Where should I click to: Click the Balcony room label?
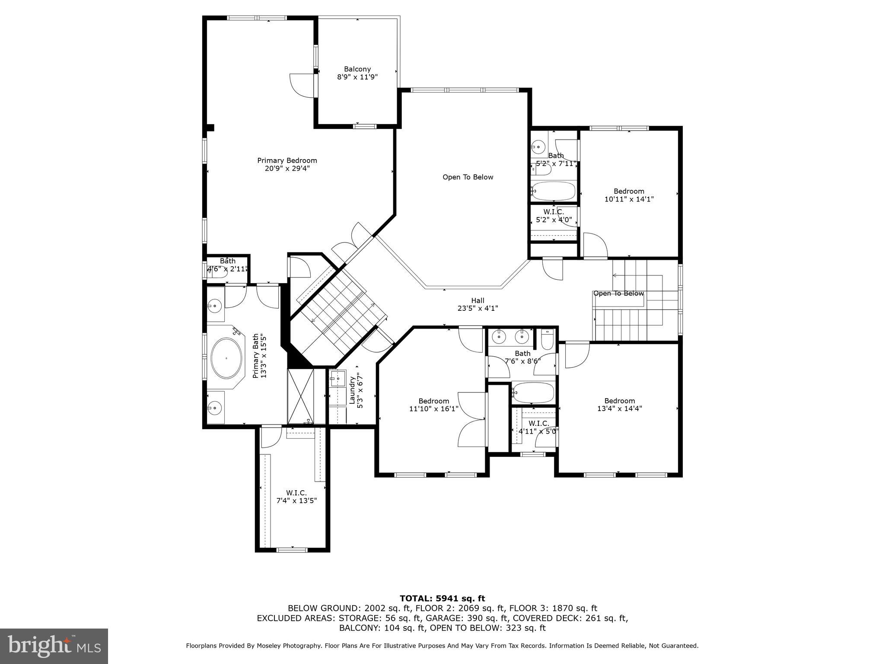tap(357, 69)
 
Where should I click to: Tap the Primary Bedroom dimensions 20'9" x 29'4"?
tap(287, 169)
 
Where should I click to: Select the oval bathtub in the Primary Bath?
tap(226, 358)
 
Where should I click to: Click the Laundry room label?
tap(352, 390)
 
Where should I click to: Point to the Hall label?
tap(478, 300)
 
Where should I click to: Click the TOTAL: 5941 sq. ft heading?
tap(442, 598)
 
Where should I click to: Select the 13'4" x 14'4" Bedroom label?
tap(619, 405)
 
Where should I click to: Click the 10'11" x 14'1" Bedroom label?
tap(629, 195)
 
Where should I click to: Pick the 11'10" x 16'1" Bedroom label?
tap(433, 405)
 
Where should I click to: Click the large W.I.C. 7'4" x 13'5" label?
tap(296, 497)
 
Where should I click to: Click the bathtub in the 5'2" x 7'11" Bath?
tap(554, 190)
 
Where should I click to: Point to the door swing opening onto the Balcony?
tap(301, 85)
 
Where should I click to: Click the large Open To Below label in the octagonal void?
tap(468, 177)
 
